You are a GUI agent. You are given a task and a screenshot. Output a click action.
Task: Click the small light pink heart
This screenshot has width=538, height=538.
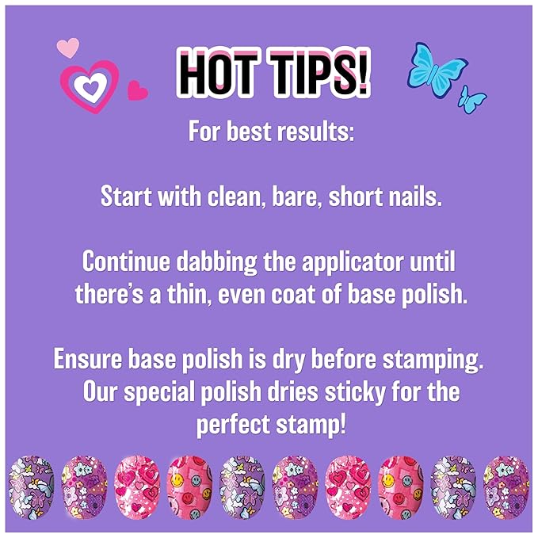68,47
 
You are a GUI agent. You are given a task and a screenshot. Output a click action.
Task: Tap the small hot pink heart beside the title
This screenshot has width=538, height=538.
138,90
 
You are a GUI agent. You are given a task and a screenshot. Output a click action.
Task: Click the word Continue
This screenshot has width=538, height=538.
127,261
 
